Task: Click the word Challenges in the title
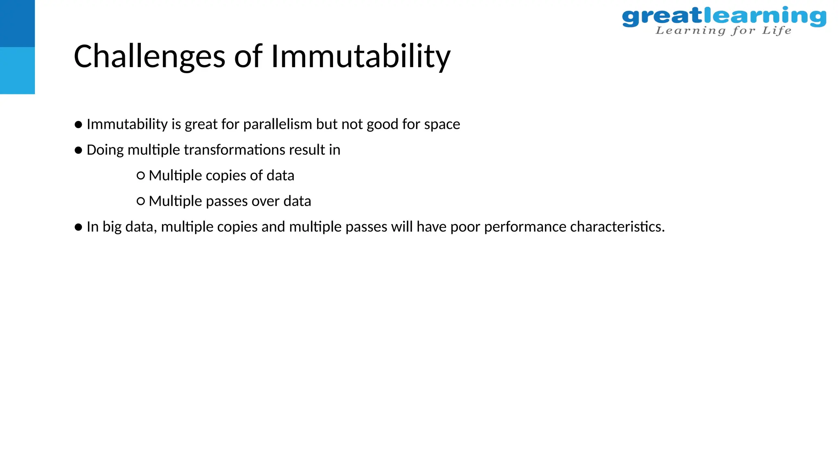click(x=149, y=56)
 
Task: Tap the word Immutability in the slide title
click(x=360, y=56)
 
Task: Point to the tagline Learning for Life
click(x=723, y=31)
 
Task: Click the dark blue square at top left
click(x=17, y=23)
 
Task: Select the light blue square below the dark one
click(x=17, y=71)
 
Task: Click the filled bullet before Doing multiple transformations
click(x=79, y=150)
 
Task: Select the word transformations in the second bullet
click(x=234, y=150)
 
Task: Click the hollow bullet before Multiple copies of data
click(x=140, y=176)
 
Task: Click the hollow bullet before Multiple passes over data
click(x=140, y=201)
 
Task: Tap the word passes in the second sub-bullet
click(x=227, y=201)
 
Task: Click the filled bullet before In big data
click(x=79, y=227)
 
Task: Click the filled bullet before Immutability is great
click(x=79, y=124)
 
